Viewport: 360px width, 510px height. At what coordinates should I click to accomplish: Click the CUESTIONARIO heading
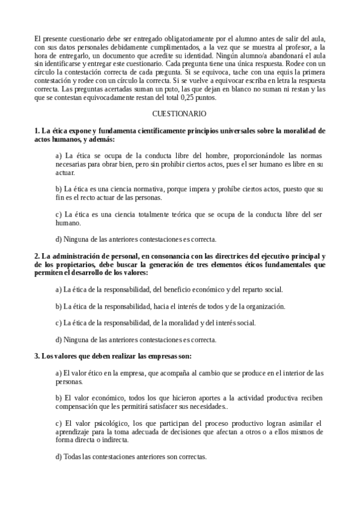tap(180, 113)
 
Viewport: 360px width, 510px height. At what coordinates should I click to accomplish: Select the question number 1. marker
tap(37, 130)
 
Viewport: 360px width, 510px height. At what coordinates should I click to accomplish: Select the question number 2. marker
tap(37, 256)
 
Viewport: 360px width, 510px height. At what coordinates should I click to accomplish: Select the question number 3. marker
tap(37, 355)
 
